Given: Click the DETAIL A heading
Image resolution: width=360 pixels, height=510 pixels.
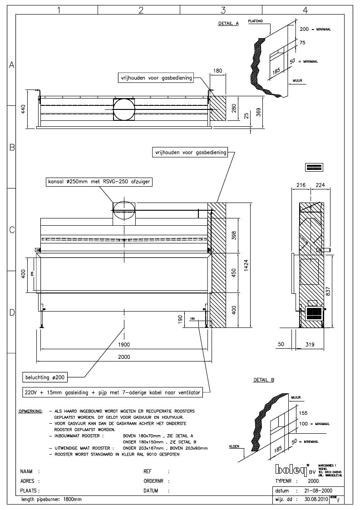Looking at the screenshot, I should (x=228, y=24).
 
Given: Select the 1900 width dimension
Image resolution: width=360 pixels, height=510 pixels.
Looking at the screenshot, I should (x=124, y=344).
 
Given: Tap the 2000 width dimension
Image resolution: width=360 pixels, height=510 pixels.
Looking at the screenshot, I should (x=124, y=357).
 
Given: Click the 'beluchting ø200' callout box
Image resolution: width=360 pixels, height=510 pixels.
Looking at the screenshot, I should (x=47, y=377).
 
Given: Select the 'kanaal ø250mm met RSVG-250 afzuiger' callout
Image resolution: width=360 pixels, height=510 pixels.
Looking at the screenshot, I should (x=98, y=183).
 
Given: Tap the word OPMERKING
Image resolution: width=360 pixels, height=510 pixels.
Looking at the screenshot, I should (x=31, y=411).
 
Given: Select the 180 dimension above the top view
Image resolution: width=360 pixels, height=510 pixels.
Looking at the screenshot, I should (x=217, y=70).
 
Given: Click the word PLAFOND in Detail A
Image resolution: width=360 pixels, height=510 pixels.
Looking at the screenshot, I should (x=256, y=21).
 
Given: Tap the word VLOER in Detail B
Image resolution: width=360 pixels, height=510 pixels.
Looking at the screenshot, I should (x=235, y=447).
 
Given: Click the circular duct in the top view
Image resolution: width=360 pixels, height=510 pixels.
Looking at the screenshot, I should (x=123, y=110).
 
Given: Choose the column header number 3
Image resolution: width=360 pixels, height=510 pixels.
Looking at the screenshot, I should (x=223, y=9).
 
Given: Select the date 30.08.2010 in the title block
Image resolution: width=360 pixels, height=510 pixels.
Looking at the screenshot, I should (x=314, y=499).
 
